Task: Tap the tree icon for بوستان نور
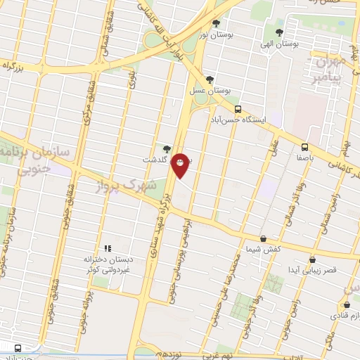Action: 216,23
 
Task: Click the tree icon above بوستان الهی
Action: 280,32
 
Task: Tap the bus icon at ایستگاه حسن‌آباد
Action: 238,109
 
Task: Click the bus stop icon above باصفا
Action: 304,147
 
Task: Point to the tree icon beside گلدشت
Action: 166,148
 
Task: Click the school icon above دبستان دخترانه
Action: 108,247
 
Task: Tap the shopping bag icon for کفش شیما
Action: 263,238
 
